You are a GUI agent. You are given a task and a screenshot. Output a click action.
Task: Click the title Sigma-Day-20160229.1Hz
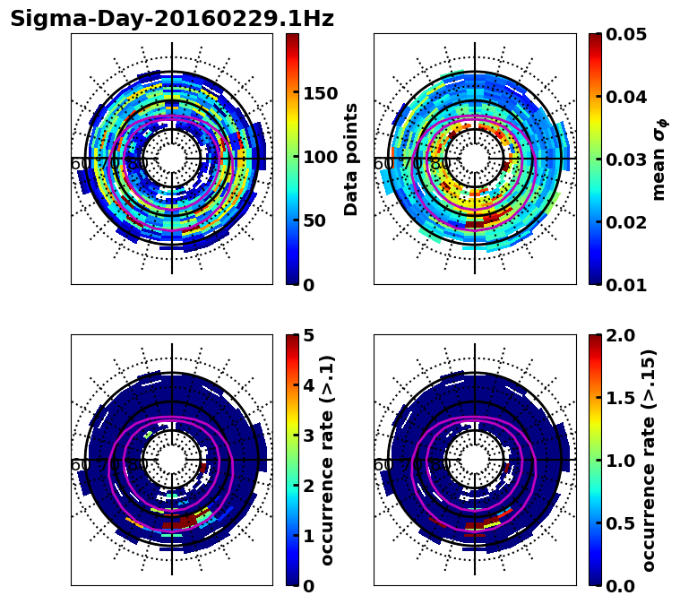click(172, 19)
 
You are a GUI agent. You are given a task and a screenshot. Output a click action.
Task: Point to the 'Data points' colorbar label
click(351, 159)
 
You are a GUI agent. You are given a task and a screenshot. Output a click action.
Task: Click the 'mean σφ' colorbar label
click(659, 160)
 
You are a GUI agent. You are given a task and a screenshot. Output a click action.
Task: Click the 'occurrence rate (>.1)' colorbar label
click(328, 460)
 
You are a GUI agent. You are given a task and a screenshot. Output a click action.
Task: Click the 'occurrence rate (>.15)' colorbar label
click(650, 460)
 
